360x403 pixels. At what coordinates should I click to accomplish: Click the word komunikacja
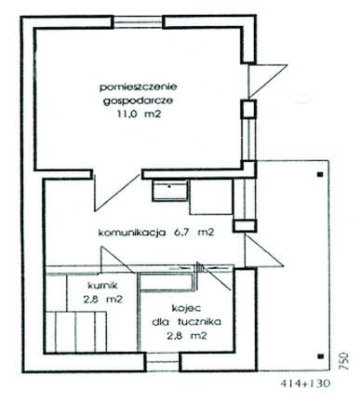131,234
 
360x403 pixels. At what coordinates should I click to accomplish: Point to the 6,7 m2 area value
193,234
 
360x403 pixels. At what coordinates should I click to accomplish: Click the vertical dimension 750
343,359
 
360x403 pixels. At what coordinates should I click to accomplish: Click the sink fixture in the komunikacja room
170,191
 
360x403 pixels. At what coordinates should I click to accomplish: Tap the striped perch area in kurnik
80,334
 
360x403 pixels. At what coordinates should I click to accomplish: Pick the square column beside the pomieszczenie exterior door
248,109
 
